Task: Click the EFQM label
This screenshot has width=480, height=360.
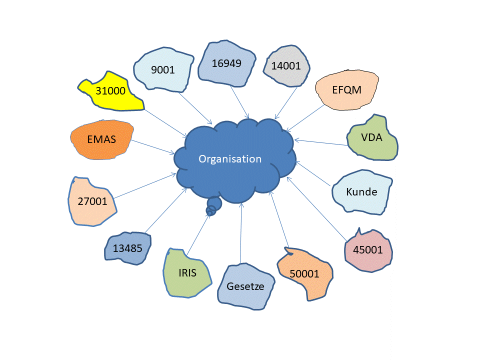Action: pyautogui.click(x=346, y=90)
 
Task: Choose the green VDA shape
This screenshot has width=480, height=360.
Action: pyautogui.click(x=372, y=137)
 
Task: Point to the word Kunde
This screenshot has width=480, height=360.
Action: pyautogui.click(x=361, y=191)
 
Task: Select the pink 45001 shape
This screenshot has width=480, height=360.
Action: pyautogui.click(x=367, y=250)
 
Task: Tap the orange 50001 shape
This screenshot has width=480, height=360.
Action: pyautogui.click(x=304, y=273)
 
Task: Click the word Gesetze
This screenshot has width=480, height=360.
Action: pyautogui.click(x=245, y=287)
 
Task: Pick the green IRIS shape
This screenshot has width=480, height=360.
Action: pyautogui.click(x=187, y=273)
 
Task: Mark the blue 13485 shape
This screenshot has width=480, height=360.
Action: pyautogui.click(x=127, y=248)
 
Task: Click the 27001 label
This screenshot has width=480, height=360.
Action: pyautogui.click(x=92, y=201)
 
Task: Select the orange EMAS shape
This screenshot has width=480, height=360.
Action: pyautogui.click(x=101, y=139)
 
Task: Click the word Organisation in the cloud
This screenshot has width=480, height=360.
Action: pyautogui.click(x=230, y=159)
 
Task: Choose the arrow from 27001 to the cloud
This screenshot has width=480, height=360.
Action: pyautogui.click(x=145, y=185)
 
